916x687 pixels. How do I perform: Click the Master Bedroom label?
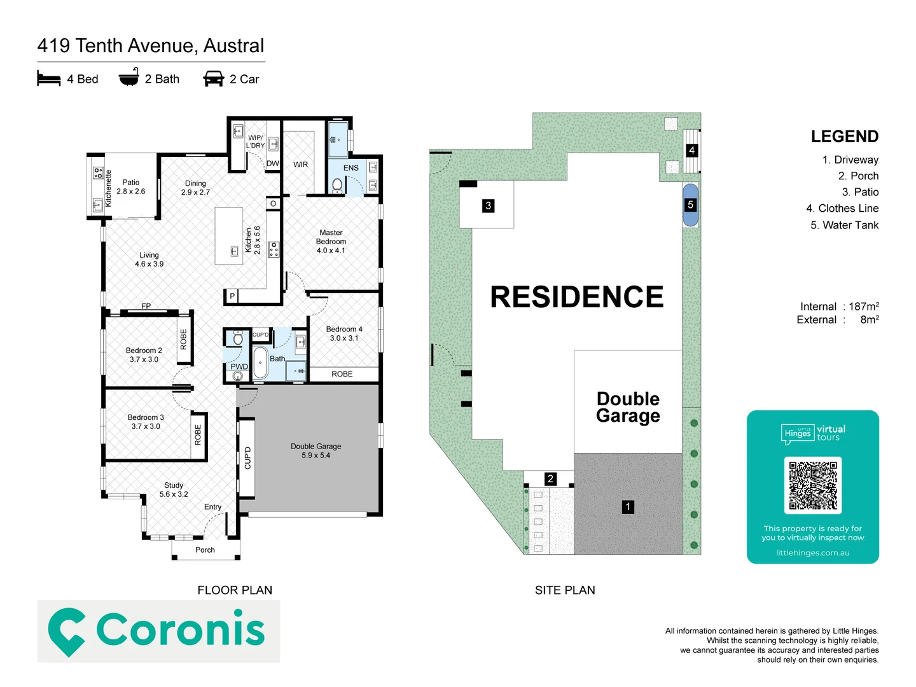tap(331, 242)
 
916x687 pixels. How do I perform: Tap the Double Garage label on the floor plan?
tap(316, 450)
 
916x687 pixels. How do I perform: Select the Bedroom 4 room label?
tap(344, 333)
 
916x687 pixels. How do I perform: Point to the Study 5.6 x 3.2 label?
tap(174, 489)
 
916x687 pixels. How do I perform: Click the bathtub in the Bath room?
tap(260, 363)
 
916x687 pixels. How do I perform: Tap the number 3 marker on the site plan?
tap(488, 205)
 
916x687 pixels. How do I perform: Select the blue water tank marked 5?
tap(690, 205)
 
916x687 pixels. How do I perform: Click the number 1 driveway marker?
tap(628, 506)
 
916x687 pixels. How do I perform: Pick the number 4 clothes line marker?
tap(691, 150)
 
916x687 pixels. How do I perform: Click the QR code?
tap(812, 485)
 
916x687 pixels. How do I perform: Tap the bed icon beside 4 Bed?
tap(49, 79)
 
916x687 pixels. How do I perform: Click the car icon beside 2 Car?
tap(213, 79)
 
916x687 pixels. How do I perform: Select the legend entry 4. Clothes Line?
tap(842, 208)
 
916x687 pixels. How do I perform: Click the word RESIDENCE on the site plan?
tap(576, 297)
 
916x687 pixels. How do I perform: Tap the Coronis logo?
tap(158, 630)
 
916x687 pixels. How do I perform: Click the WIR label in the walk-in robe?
tap(301, 165)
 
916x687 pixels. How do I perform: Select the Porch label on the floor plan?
tap(205, 550)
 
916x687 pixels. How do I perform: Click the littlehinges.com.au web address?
tap(812, 553)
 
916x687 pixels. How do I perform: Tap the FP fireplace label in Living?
tap(146, 306)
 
